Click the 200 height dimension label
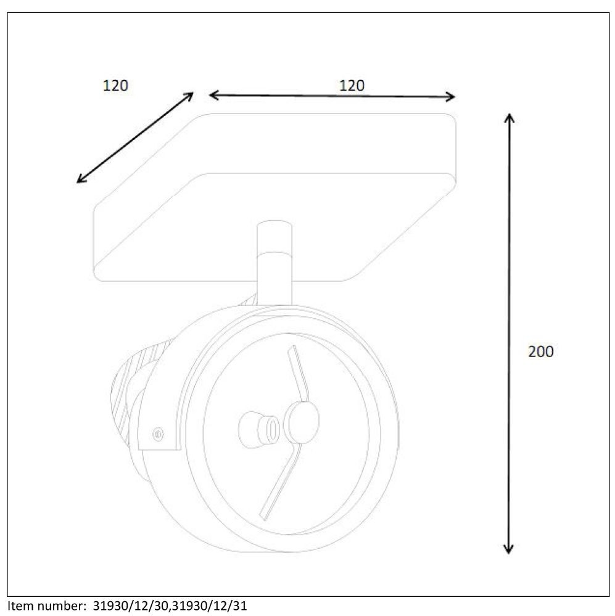540,351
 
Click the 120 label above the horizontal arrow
352,86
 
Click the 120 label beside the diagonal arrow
115,86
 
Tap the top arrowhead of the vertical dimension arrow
510,117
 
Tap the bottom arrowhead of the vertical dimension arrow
509,548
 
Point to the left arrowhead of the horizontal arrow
214,95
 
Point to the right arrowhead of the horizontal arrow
450,97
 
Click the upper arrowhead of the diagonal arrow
189,96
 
